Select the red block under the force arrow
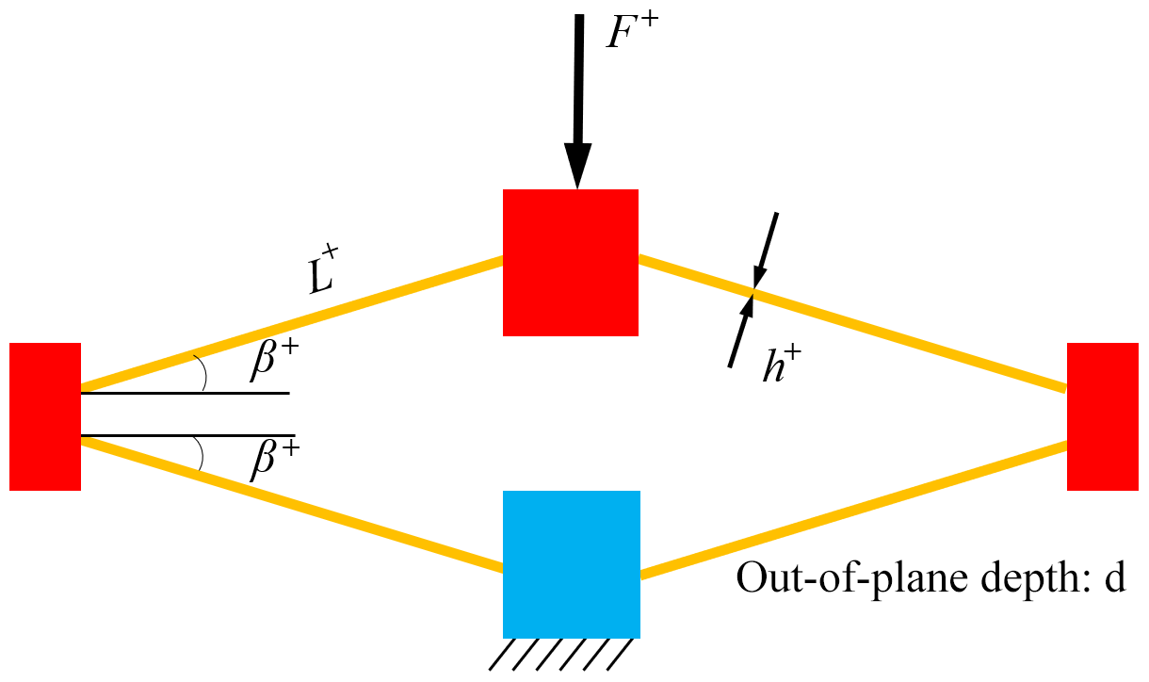click(x=571, y=262)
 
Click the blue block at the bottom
click(x=572, y=563)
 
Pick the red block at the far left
click(x=45, y=416)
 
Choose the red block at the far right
click(x=1102, y=416)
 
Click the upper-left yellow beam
click(x=292, y=322)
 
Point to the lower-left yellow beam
click(x=292, y=505)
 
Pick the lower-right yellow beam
click(x=852, y=508)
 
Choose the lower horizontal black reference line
click(x=188, y=436)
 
